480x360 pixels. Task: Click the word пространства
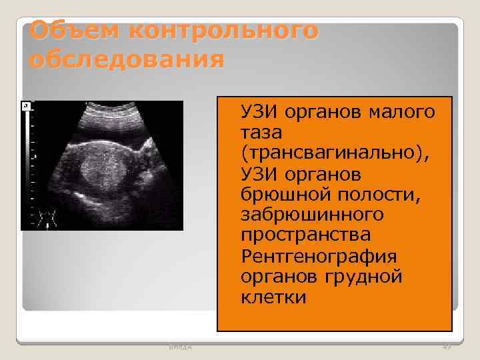click(306, 235)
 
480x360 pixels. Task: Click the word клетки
click(273, 297)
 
